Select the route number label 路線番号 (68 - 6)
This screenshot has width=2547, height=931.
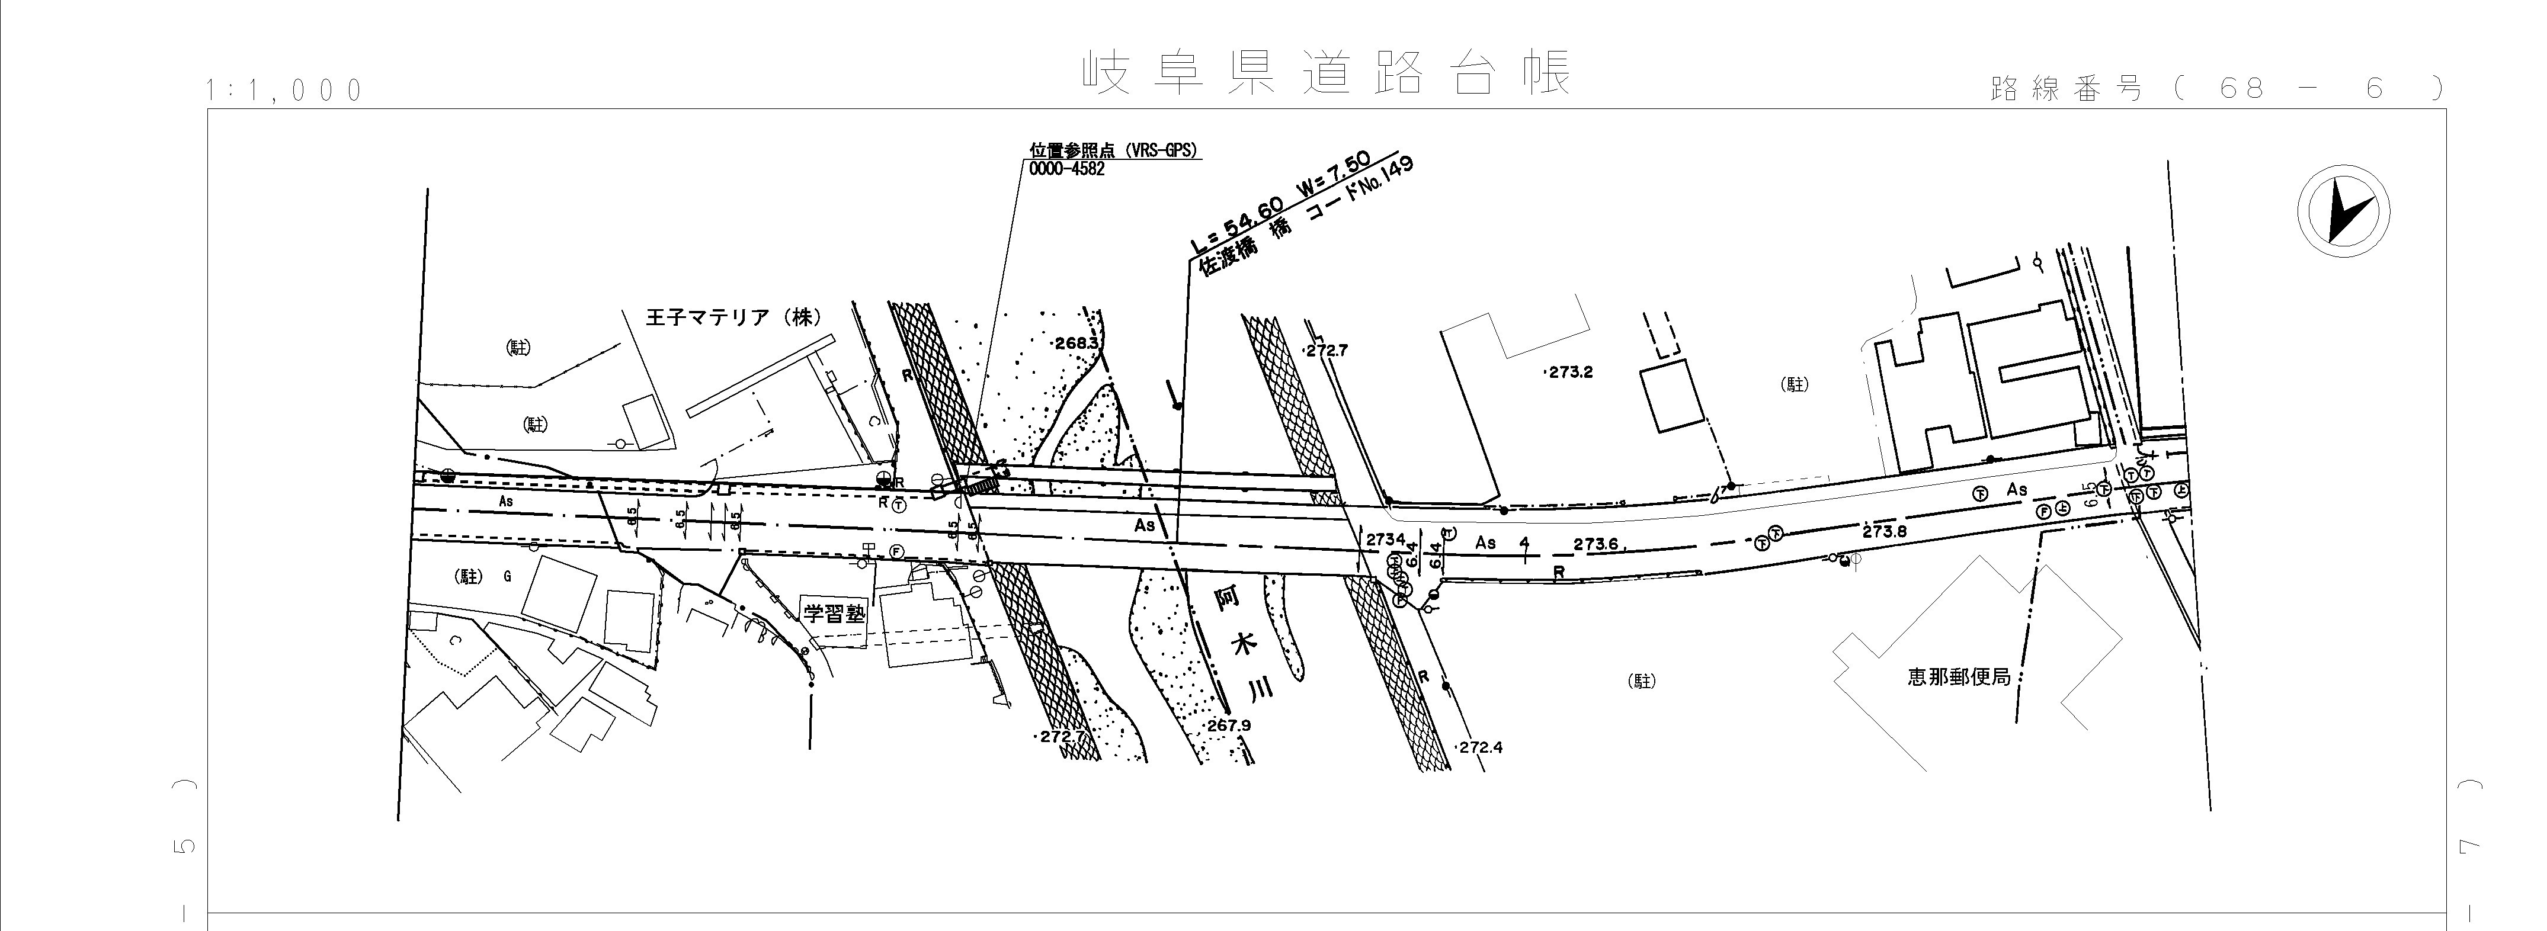pyautogui.click(x=2215, y=89)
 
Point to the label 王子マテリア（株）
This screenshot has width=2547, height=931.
pyautogui.click(x=733, y=318)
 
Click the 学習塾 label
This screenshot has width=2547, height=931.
pyautogui.click(x=834, y=613)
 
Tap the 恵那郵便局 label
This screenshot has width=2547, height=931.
pyautogui.click(x=1959, y=678)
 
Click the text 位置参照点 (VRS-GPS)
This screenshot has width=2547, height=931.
pyautogui.click(x=1112, y=151)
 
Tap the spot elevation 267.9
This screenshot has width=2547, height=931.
pyautogui.click(x=1229, y=725)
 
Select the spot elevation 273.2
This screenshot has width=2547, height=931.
pyautogui.click(x=1570, y=373)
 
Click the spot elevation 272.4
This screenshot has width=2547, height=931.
pyautogui.click(x=1480, y=747)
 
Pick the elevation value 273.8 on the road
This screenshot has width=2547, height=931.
pyautogui.click(x=1883, y=531)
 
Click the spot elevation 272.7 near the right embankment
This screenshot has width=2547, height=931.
pyautogui.click(x=1327, y=351)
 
